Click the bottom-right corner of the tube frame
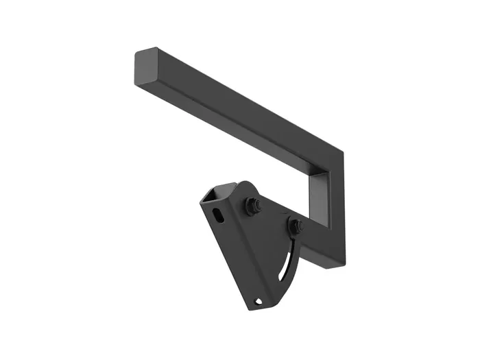pyautogui.click(x=343, y=263)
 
